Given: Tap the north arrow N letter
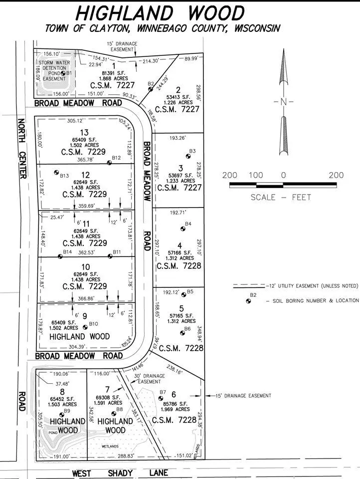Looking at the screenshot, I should coord(283,102).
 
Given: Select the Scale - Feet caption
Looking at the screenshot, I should coord(281,197).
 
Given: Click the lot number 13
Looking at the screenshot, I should coord(84,132).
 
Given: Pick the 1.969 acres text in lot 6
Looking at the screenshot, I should coord(174,409).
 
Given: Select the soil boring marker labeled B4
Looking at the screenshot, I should coord(181,229).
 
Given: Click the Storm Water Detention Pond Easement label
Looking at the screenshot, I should coord(53,70).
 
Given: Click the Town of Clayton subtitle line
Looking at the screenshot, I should coord(162,28).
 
